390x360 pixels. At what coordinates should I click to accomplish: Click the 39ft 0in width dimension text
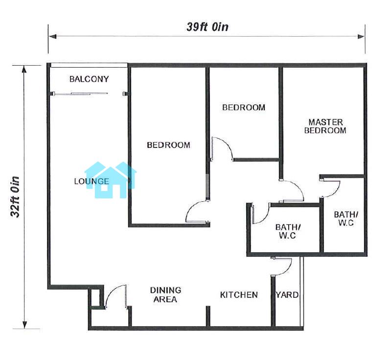pyautogui.click(x=207, y=27)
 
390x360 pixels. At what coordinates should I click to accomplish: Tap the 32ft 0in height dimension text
pyautogui.click(x=15, y=197)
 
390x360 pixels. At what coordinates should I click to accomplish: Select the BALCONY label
pyautogui.click(x=89, y=79)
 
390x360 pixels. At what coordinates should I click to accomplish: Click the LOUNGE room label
pyautogui.click(x=92, y=181)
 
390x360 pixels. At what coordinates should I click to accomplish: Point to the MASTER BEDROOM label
pyautogui.click(x=325, y=126)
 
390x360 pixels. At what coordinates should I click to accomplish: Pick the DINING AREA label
pyautogui.click(x=165, y=295)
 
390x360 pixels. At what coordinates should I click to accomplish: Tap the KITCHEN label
pyautogui.click(x=239, y=295)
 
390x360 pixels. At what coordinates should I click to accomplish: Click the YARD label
pyautogui.click(x=287, y=295)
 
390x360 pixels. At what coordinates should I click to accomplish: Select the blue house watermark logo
pyautogui.click(x=110, y=180)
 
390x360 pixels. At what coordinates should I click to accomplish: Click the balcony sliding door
pyautogui.click(x=81, y=94)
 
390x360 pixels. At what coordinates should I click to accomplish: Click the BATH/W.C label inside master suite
pyautogui.click(x=346, y=218)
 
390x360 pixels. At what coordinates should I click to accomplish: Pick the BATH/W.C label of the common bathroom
pyautogui.click(x=288, y=231)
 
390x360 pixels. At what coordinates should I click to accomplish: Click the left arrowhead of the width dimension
pyautogui.click(x=52, y=37)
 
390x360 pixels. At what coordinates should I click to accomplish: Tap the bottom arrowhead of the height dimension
pyautogui.click(x=24, y=324)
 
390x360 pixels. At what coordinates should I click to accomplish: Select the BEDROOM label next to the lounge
pyautogui.click(x=168, y=145)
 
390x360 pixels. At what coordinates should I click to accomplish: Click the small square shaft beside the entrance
pyautogui.click(x=96, y=297)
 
